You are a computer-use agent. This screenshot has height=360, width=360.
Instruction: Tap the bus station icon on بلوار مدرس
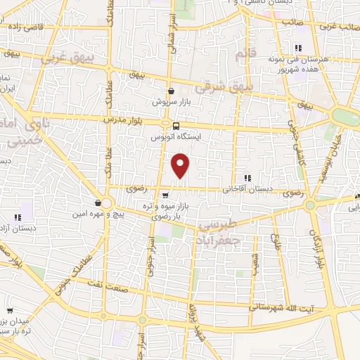(x=166, y=127)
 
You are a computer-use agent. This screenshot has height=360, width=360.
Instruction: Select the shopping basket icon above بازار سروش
(x=171, y=91)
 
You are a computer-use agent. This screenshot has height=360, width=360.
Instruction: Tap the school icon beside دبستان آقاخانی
(x=247, y=179)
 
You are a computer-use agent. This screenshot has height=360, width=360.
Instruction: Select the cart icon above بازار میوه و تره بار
(x=164, y=196)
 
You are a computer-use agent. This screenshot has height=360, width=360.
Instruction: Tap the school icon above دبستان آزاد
(x=18, y=218)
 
